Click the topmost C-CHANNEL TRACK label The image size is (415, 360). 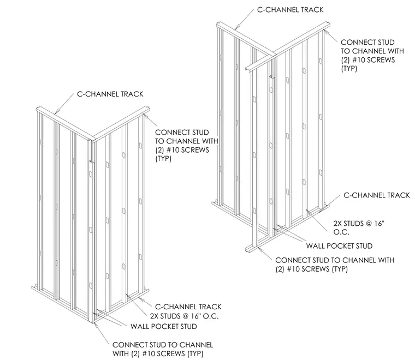tap(290, 10)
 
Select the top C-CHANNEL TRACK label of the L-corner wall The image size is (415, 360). tap(110, 94)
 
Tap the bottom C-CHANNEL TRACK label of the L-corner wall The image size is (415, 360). tap(188, 307)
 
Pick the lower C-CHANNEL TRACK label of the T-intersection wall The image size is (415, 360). tap(377, 195)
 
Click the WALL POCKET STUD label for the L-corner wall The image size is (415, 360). tap(164, 326)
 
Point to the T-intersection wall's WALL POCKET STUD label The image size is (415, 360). tap(339, 246)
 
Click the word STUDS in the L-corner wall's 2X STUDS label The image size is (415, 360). tap(170, 316)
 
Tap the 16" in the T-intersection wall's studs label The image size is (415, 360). tap(379, 224)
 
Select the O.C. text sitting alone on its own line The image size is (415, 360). tap(341, 232)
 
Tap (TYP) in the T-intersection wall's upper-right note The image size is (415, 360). tap(349, 69)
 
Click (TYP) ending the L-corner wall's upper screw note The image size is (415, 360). tap(163, 159)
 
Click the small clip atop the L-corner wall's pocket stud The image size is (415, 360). tap(91, 161)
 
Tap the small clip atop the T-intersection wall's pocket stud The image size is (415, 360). tap(271, 77)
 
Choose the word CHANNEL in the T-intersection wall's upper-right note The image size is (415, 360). tap(369, 51)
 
